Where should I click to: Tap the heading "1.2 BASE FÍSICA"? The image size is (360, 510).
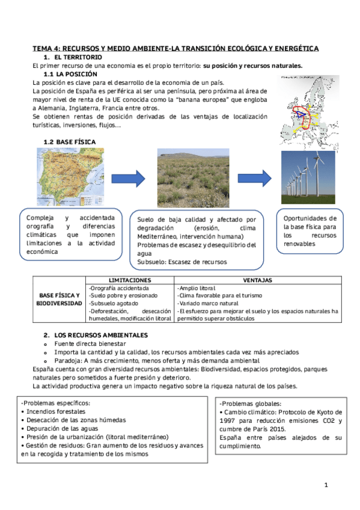tap(69, 141)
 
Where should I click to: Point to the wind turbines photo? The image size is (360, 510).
tap(308, 177)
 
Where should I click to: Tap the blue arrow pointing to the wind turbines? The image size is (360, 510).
tap(255, 178)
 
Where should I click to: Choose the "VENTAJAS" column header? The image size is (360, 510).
tap(258, 280)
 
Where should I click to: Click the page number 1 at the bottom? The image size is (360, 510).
tap(326, 485)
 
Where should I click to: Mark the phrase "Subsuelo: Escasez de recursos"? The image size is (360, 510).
tap(180, 262)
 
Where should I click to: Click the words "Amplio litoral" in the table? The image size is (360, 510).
tap(197, 288)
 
